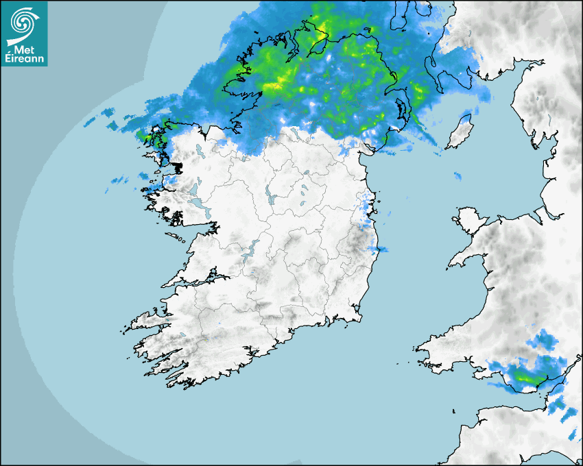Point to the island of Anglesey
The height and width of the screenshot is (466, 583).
tap(468, 219)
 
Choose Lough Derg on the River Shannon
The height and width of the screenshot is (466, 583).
tap(250, 249)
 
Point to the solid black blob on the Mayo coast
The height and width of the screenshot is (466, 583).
tap(178, 167)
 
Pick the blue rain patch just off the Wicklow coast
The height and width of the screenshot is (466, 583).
tap(379, 248)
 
